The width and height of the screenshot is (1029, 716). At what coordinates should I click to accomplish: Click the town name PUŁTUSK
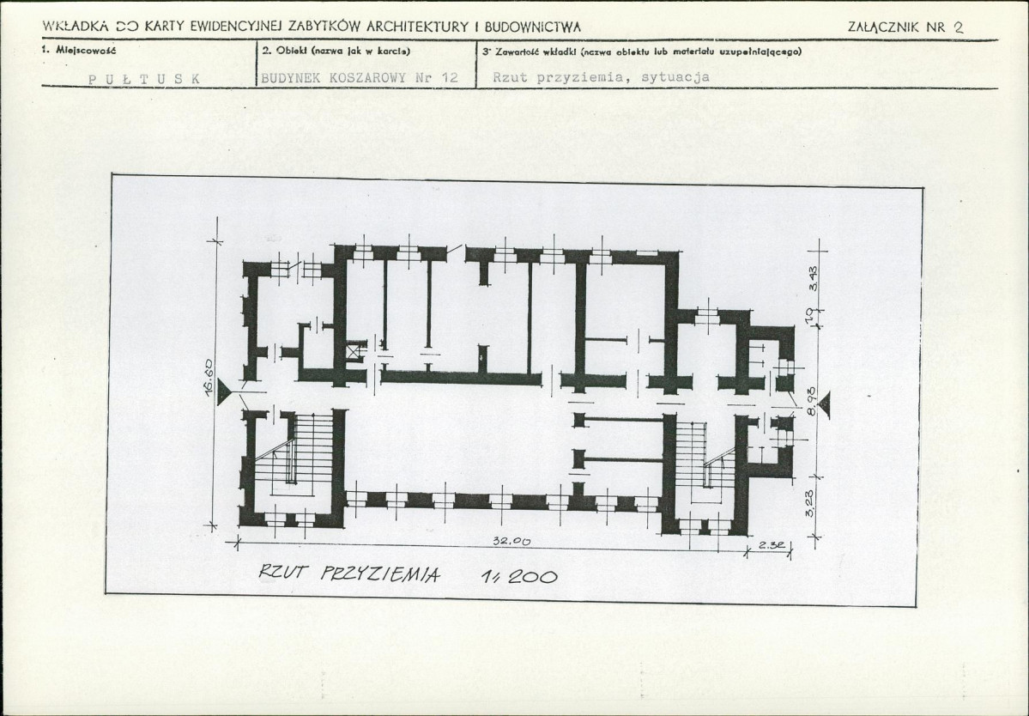click(x=144, y=78)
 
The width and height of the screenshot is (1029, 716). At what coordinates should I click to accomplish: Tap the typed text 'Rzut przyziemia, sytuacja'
click(x=601, y=77)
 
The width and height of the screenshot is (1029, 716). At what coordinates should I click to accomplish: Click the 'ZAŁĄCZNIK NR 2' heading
click(x=905, y=27)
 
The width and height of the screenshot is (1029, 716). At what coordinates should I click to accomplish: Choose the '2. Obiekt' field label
click(x=330, y=51)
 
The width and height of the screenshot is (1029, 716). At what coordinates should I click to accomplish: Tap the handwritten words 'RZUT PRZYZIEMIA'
click(x=349, y=574)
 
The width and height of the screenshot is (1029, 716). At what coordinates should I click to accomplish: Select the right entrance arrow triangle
click(x=825, y=403)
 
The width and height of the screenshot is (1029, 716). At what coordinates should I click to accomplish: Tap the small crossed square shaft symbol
click(x=355, y=350)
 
